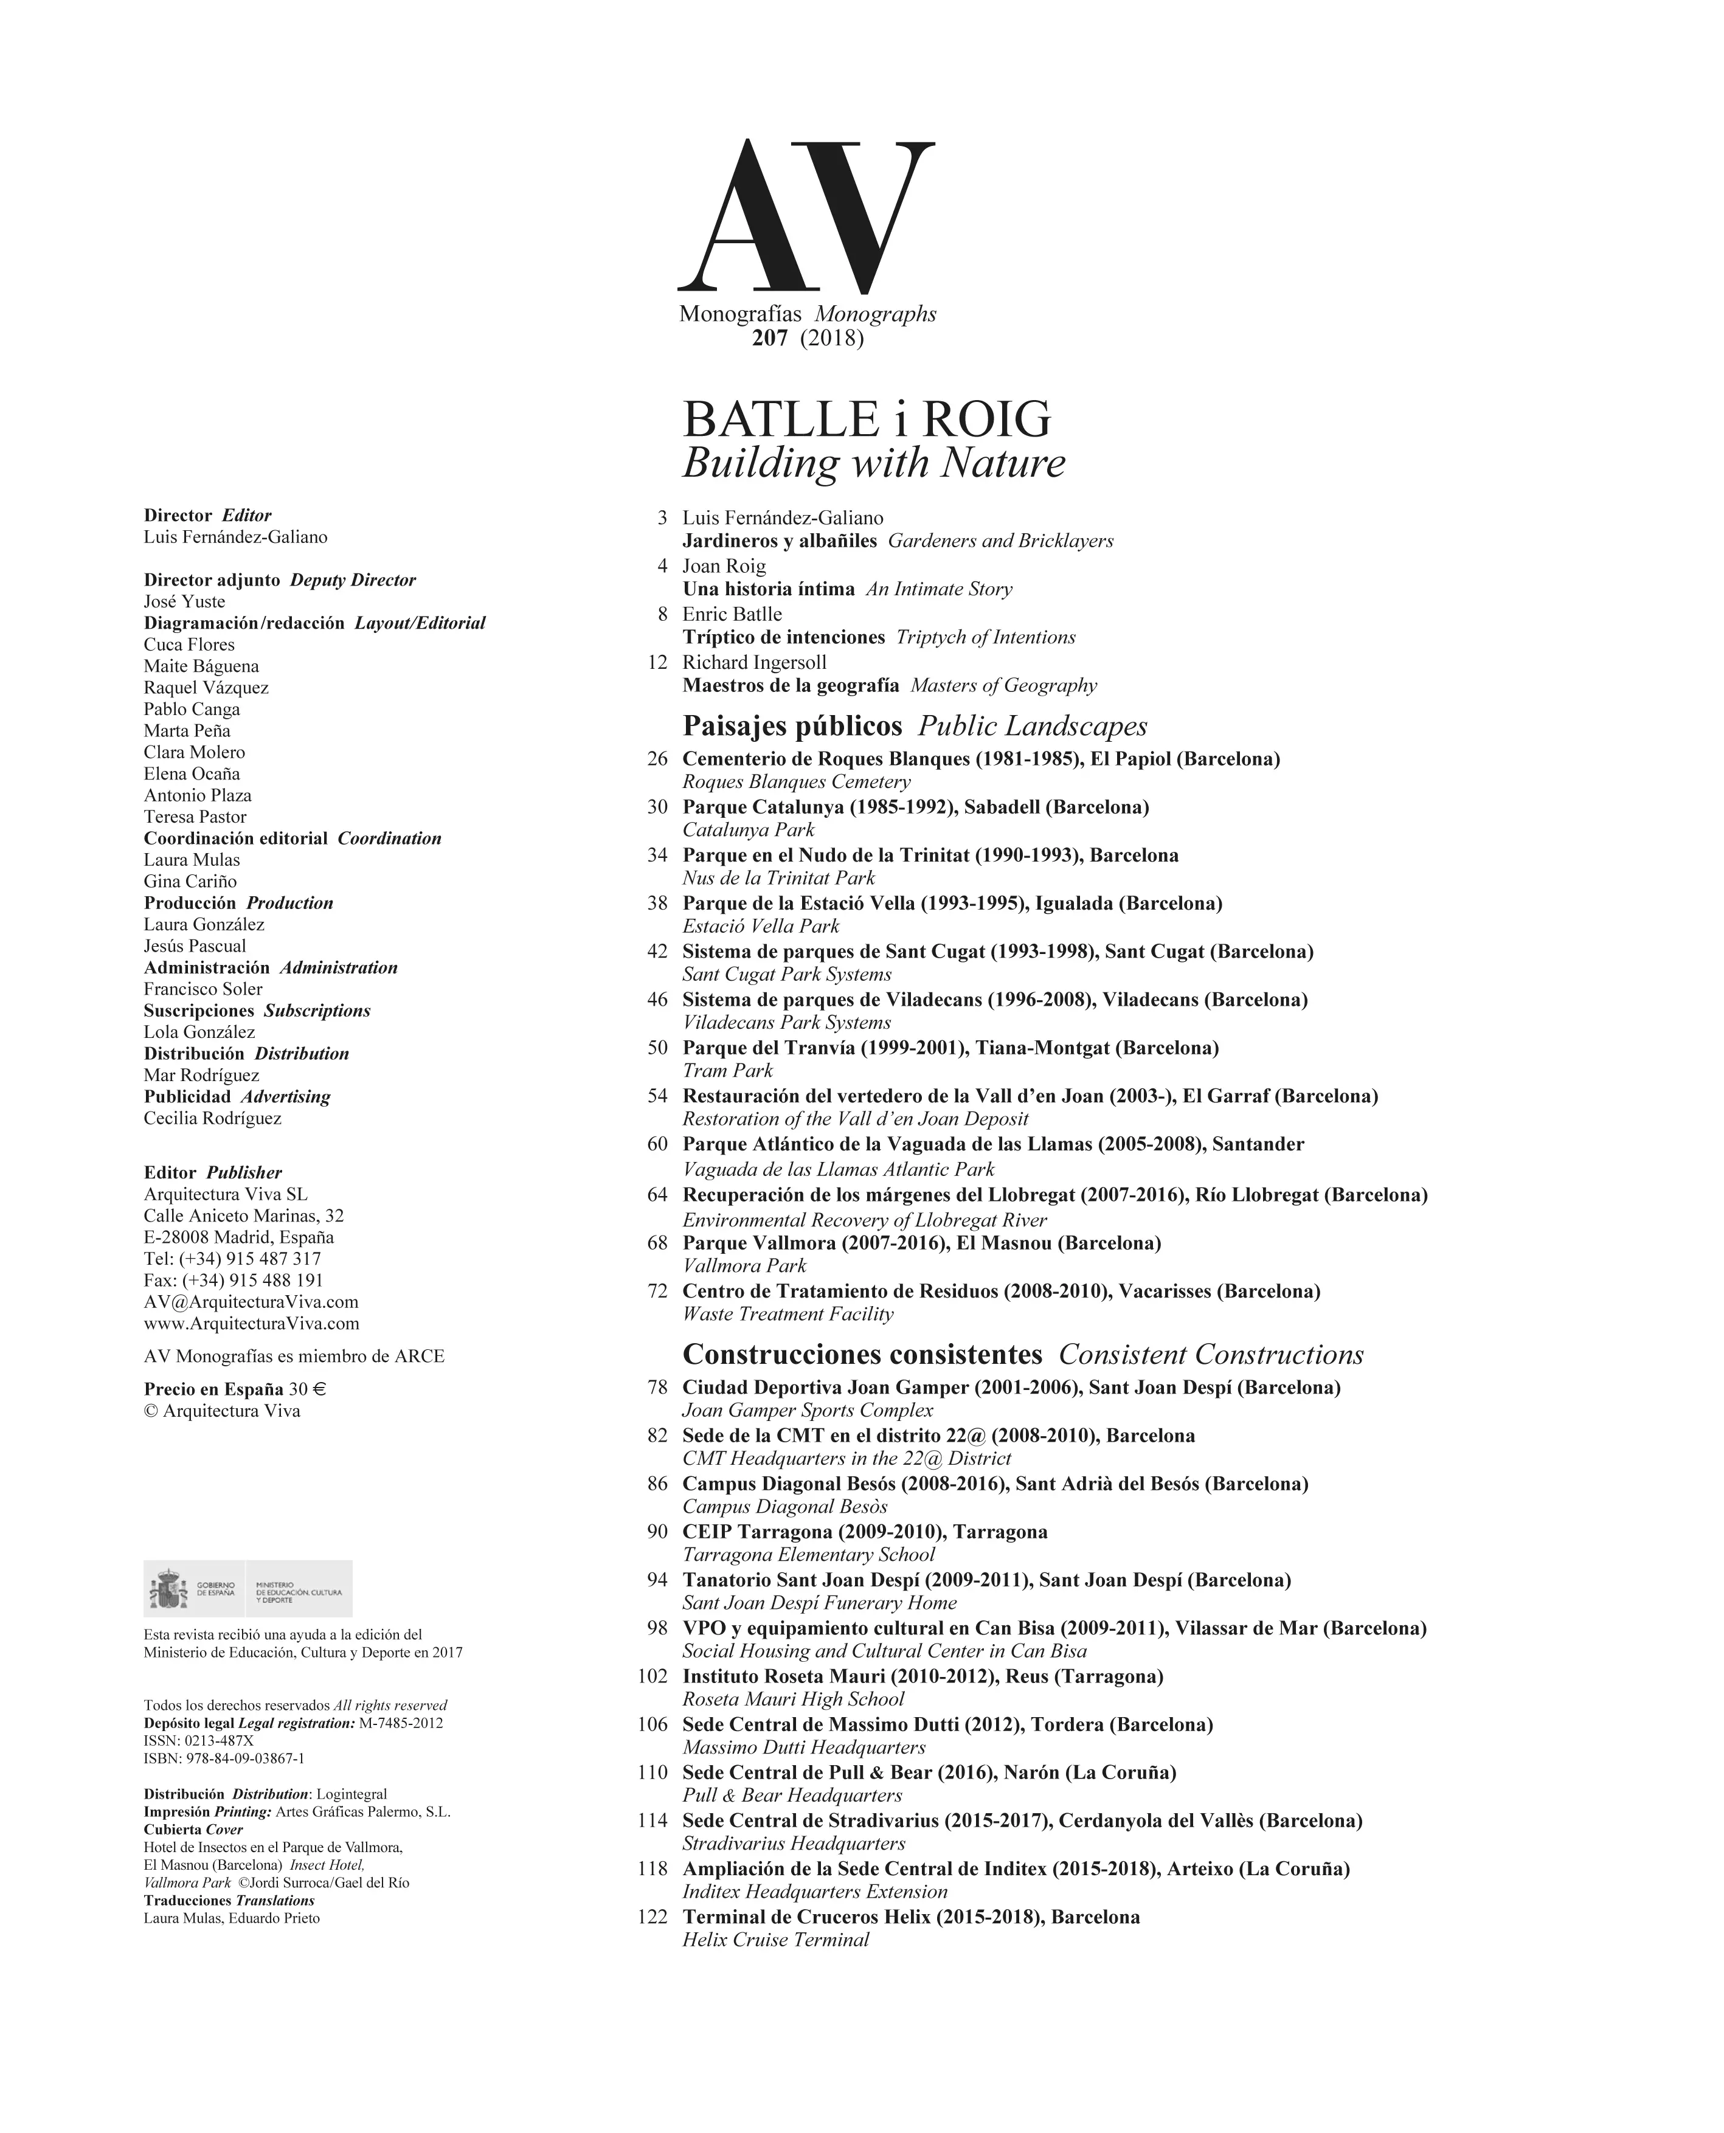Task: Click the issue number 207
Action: (x=770, y=339)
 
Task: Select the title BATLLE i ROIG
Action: (x=866, y=420)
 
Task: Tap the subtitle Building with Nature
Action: (x=873, y=463)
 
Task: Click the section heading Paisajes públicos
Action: (x=792, y=726)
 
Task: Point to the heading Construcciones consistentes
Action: (x=862, y=1355)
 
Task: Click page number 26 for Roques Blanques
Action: (x=657, y=759)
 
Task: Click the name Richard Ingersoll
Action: (x=753, y=662)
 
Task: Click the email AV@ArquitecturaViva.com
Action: (x=251, y=1302)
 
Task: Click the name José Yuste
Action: (x=185, y=602)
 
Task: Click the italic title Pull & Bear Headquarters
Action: (x=792, y=1796)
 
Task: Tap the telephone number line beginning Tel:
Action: (x=232, y=1259)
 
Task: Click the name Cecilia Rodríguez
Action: (x=212, y=1118)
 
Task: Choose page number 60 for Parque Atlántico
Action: (x=657, y=1144)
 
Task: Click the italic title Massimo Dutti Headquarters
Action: (x=803, y=1747)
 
